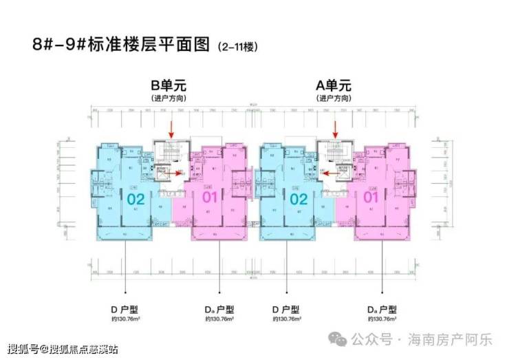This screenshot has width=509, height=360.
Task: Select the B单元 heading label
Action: click(169, 87)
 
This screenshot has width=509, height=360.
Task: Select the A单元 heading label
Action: click(334, 87)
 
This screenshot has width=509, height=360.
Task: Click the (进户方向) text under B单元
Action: click(169, 99)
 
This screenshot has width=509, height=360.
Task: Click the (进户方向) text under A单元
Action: click(334, 99)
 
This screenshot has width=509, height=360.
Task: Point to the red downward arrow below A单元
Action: click(336, 129)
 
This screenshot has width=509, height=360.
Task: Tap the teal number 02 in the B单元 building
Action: click(135, 199)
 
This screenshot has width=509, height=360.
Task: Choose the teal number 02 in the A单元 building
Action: click(299, 199)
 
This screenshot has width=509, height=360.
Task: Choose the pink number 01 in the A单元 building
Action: click(371, 199)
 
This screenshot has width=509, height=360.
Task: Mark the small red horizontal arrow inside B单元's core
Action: click(181, 173)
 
